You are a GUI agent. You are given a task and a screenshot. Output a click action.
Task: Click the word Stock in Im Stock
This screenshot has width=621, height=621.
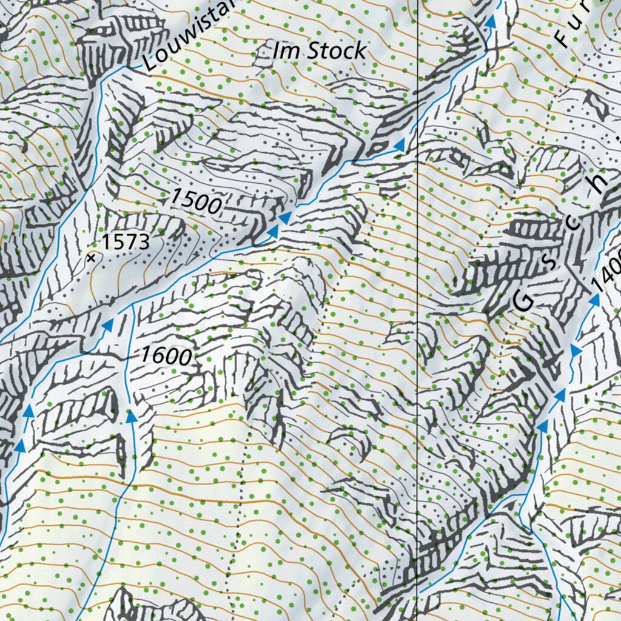click(x=337, y=52)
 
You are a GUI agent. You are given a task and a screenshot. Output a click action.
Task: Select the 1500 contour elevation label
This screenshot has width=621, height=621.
click(x=195, y=201)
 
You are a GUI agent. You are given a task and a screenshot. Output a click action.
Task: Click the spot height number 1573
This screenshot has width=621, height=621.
click(x=125, y=243)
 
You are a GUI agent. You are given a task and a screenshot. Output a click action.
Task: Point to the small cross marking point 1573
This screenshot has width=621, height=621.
click(x=92, y=258)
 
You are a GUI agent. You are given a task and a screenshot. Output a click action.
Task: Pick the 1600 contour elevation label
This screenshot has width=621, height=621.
click(x=166, y=355)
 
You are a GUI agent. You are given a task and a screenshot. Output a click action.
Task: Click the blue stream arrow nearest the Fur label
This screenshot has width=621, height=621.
click(x=491, y=22)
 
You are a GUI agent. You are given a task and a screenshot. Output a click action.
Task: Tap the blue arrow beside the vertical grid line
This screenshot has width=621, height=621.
click(x=400, y=145)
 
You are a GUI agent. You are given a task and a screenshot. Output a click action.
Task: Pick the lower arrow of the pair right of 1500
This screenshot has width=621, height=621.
click(x=272, y=231)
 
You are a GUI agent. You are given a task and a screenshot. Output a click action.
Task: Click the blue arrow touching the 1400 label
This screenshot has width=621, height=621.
click(x=594, y=300)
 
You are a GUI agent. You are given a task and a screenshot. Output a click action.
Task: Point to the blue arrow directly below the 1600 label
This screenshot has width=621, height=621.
click(x=131, y=416)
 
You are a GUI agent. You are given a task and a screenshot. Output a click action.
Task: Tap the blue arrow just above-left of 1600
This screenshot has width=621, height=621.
click(x=107, y=326)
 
